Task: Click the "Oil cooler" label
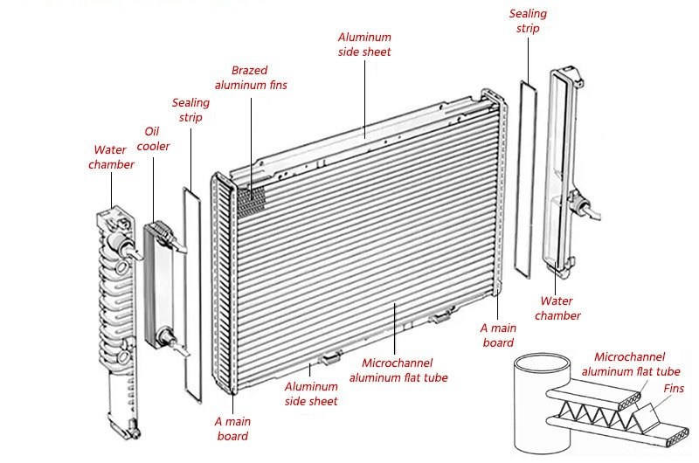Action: pyautogui.click(x=157, y=139)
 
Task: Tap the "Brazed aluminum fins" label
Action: pyautogui.click(x=251, y=78)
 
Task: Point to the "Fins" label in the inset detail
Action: pyautogui.click(x=674, y=389)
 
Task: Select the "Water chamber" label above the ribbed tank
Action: pyautogui.click(x=111, y=157)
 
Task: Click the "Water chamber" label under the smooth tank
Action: pyautogui.click(x=557, y=308)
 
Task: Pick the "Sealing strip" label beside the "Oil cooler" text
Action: pyautogui.click(x=190, y=110)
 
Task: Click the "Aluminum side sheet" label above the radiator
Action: pyautogui.click(x=364, y=45)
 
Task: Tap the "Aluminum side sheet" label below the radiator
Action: pyautogui.click(x=311, y=394)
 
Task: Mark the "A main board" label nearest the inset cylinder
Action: pyautogui.click(x=498, y=335)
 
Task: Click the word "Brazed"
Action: pyautogui.click(x=249, y=70)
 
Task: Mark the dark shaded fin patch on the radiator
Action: pyautogui.click(x=252, y=197)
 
